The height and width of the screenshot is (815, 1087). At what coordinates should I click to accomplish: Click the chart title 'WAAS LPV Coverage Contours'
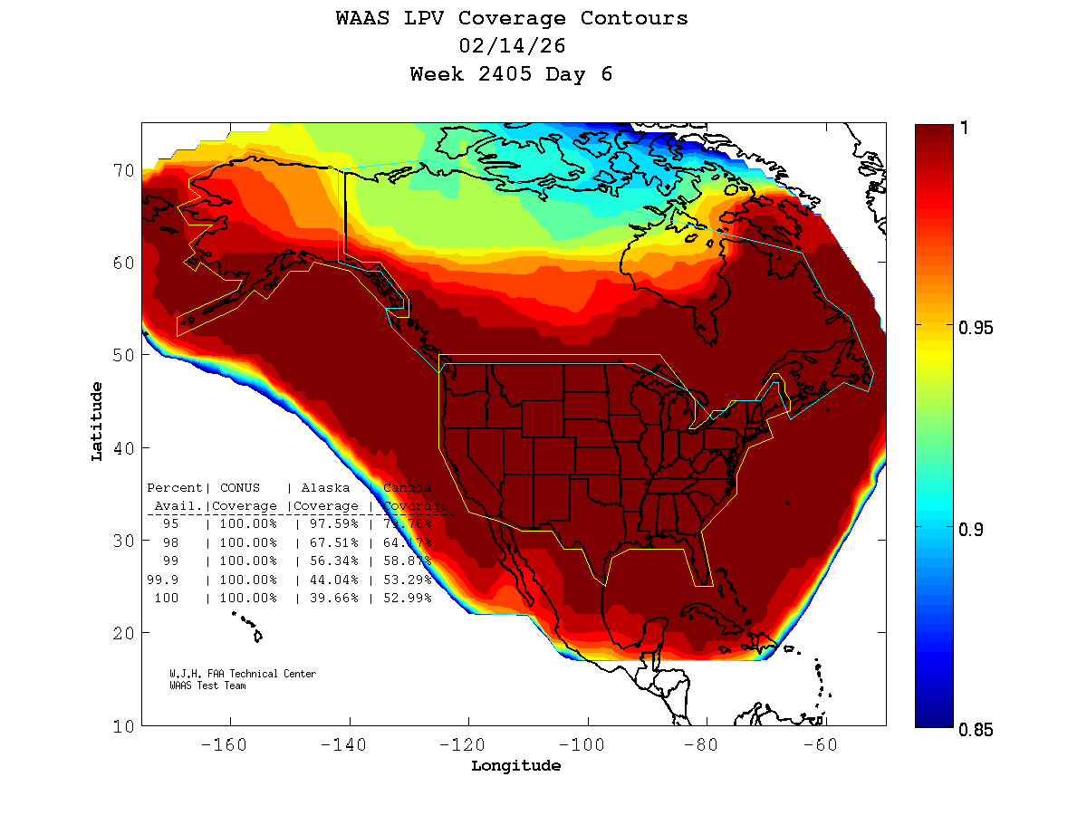[512, 18]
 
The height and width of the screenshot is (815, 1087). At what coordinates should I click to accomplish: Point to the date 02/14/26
[512, 46]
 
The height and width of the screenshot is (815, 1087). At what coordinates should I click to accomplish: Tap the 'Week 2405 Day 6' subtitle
[512, 74]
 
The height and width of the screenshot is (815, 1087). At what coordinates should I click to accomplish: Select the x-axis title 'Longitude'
[515, 766]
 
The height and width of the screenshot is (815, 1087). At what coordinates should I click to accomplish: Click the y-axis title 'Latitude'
[96, 421]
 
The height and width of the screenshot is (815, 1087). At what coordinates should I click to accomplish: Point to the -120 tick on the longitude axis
[468, 744]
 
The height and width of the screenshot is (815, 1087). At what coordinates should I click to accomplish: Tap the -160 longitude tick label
[230, 744]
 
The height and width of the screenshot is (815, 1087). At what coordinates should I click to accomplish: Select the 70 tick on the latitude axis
[124, 170]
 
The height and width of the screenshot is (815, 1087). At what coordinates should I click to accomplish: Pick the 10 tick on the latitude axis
[124, 726]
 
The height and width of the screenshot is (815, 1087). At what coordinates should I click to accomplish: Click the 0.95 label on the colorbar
[976, 327]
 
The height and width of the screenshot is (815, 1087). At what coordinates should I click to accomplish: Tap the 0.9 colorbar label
[971, 529]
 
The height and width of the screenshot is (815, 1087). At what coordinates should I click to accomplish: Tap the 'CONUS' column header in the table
[240, 488]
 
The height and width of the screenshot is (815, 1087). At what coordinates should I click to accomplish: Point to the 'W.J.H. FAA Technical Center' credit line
[243, 674]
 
